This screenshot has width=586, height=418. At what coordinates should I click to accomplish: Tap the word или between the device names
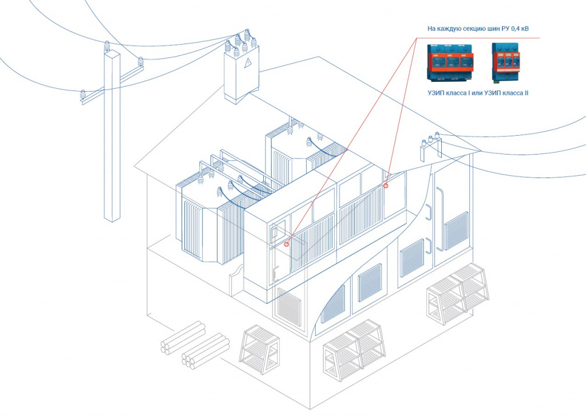(x=477, y=93)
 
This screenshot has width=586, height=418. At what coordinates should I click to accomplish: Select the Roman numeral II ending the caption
(x=525, y=93)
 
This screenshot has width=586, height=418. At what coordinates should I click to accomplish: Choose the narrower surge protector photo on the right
(x=506, y=62)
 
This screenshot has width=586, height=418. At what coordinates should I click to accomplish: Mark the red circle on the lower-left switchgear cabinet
(x=287, y=244)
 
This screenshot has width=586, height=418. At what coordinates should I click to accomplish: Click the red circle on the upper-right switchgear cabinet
(x=386, y=186)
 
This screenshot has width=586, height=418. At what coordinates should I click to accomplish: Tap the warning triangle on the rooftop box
(x=247, y=64)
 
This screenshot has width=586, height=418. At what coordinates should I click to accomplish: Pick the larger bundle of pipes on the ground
(x=205, y=352)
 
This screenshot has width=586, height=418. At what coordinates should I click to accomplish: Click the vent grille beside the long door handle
(x=456, y=230)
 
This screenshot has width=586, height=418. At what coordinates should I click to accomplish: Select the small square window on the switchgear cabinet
(x=278, y=232)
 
